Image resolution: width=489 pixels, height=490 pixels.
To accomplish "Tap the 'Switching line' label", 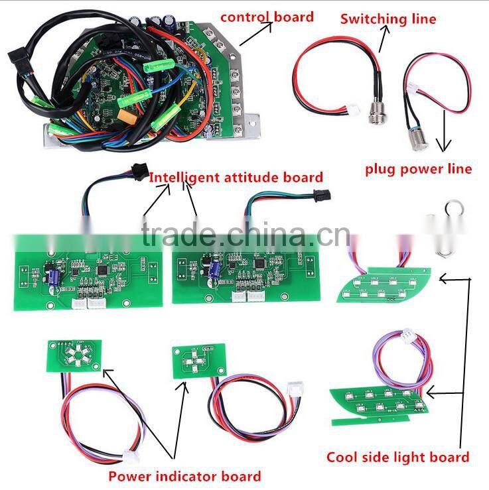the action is pyautogui.click(x=388, y=19).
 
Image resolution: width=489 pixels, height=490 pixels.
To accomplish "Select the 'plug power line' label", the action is pyautogui.click(x=418, y=168).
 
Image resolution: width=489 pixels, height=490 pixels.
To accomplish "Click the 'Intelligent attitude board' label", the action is pyautogui.click(x=236, y=177).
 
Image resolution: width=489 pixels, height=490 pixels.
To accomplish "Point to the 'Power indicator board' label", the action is pyautogui.click(x=185, y=475).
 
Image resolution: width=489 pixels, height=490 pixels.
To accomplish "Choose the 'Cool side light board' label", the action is pyautogui.click(x=397, y=456).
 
